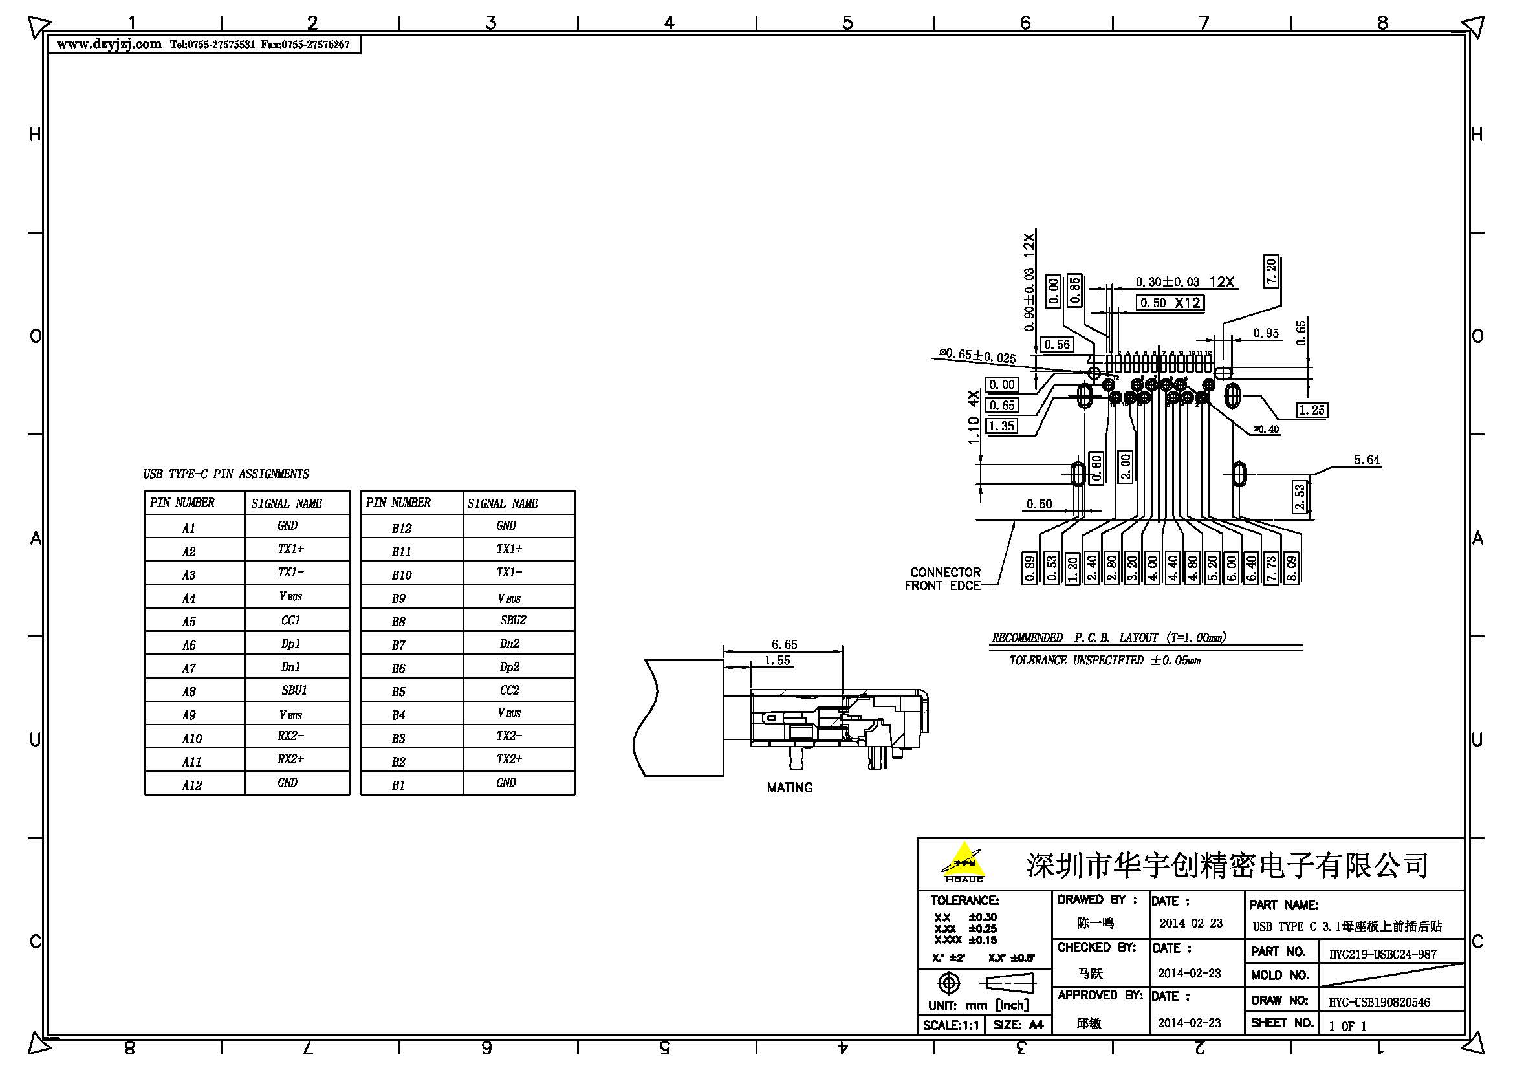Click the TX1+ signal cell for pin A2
[x=290, y=549]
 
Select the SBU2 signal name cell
[x=514, y=620]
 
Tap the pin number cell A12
[x=191, y=785]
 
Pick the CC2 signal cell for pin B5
[x=509, y=690]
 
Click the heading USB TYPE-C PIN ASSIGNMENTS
[x=225, y=474]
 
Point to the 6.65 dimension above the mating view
[x=784, y=644]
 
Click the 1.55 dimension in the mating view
[x=777, y=661]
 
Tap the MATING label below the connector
[x=789, y=787]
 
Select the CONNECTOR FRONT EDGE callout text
[x=944, y=578]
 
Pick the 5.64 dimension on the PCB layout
[x=1367, y=460]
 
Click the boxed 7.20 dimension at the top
[x=1271, y=271]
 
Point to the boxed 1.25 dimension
[x=1311, y=409]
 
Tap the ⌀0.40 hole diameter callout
[x=1266, y=429]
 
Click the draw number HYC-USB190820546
[x=1378, y=1002]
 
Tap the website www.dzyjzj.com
[x=109, y=44]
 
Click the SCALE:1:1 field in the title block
[x=950, y=1025]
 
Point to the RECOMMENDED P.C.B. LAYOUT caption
[x=1109, y=637]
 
